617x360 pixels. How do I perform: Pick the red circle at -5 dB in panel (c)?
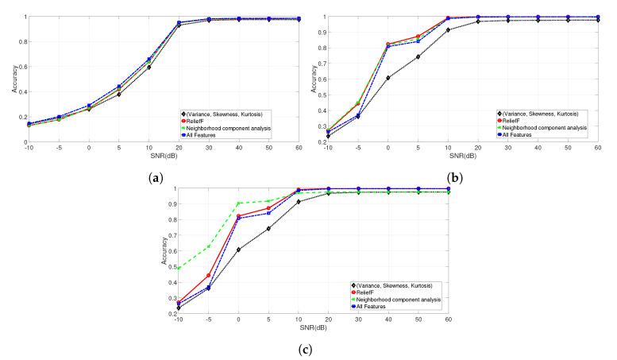[208, 276]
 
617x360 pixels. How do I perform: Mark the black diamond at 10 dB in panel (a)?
[148, 67]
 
